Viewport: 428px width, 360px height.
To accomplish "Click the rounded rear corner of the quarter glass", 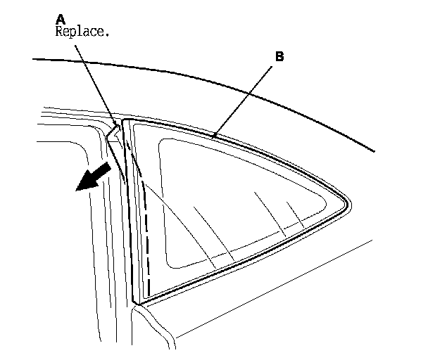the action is click(347, 205).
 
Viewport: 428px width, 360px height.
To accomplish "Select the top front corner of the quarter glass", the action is click(125, 120).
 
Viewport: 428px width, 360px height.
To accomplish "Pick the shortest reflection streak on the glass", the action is click(295, 214).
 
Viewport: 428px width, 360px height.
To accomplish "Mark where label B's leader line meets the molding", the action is click(216, 134).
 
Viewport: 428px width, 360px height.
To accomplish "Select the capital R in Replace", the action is click(58, 31).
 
